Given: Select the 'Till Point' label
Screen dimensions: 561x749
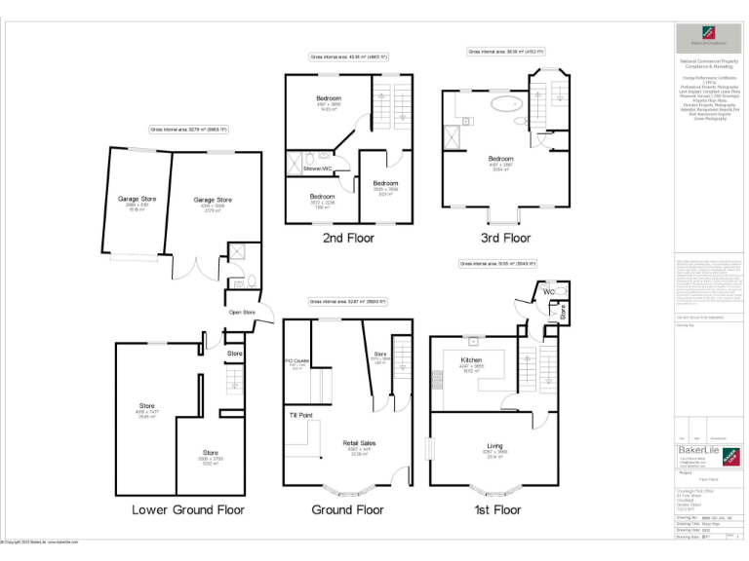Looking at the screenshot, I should tap(300, 416).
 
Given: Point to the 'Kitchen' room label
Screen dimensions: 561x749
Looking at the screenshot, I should tap(471, 359).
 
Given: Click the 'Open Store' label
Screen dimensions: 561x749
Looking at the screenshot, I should tap(242, 313).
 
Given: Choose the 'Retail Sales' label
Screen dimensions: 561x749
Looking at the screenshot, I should tap(360, 443).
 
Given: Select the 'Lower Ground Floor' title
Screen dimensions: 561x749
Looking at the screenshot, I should tap(188, 509).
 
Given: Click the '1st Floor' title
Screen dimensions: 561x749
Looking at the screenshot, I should tap(497, 509).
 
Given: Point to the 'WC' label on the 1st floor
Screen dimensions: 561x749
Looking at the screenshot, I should tap(548, 291).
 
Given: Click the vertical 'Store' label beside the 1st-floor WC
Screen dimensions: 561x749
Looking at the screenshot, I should tap(563, 312).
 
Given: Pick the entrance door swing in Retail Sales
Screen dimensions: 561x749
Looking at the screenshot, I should tap(398, 476).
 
